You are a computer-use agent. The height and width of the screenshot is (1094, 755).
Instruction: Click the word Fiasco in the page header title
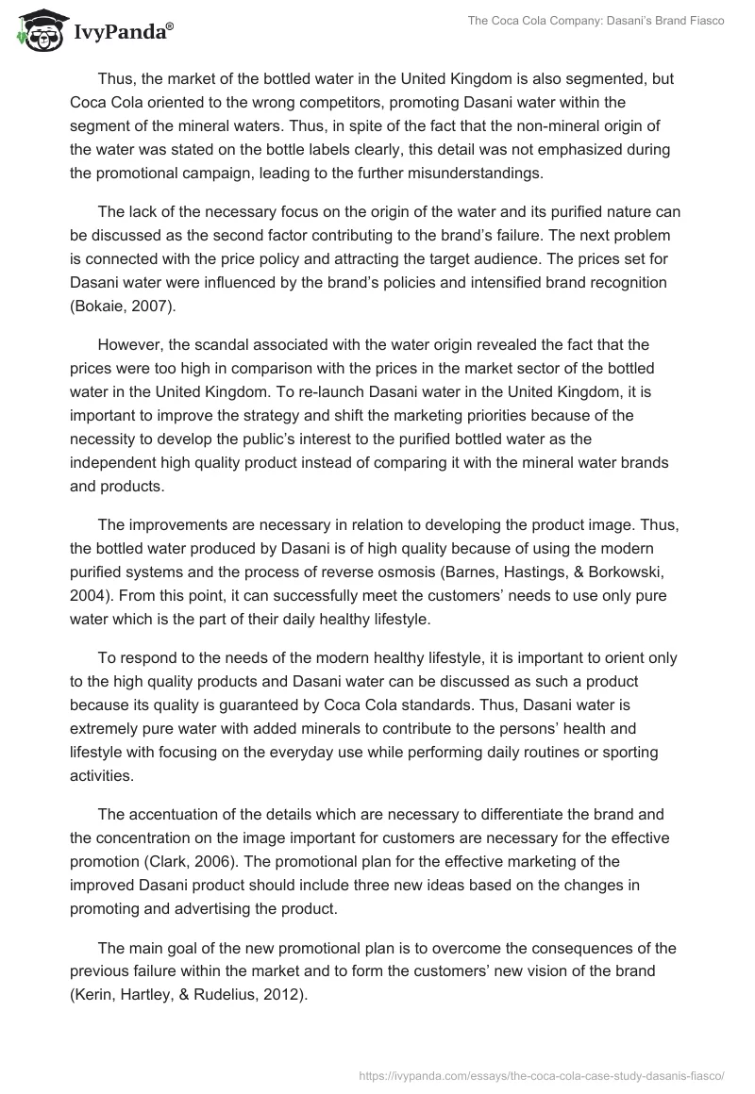pyautogui.click(x=701, y=21)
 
